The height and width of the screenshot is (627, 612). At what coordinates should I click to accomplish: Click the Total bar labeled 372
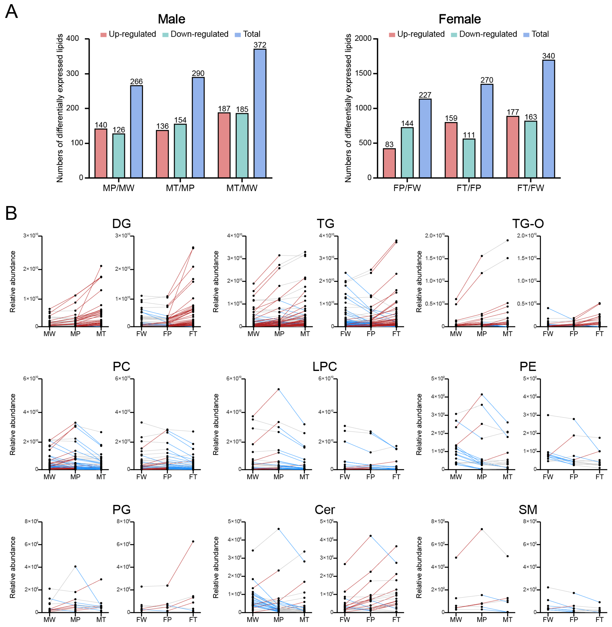pyautogui.click(x=260, y=113)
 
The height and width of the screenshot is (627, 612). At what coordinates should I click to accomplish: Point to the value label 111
pyautogui.click(x=469, y=135)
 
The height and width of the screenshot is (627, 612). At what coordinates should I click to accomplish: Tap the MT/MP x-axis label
pyautogui.click(x=180, y=188)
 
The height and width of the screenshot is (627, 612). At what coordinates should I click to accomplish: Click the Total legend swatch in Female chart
pyautogui.click(x=526, y=35)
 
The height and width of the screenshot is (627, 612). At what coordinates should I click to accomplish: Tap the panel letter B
pyautogui.click(x=11, y=213)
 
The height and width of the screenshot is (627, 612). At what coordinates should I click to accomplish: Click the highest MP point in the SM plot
pyautogui.click(x=482, y=529)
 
